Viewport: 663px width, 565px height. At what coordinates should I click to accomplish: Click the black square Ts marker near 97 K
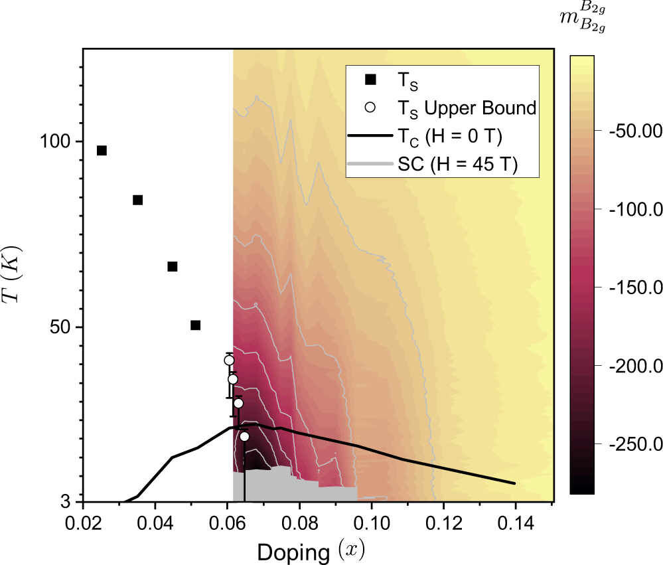pyautogui.click(x=102, y=151)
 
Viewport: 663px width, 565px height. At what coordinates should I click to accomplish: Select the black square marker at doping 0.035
pyautogui.click(x=138, y=200)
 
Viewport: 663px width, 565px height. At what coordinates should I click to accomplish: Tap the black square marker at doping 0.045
pyautogui.click(x=173, y=266)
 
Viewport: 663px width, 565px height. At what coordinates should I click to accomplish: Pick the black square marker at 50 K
pyautogui.click(x=195, y=325)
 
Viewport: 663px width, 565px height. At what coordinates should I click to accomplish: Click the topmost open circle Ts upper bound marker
pyautogui.click(x=229, y=361)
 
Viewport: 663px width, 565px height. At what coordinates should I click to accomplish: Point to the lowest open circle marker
pyautogui.click(x=244, y=436)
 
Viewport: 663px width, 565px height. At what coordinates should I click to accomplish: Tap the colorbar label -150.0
pyautogui.click(x=628, y=287)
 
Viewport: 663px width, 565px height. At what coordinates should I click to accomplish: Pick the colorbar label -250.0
pyautogui.click(x=628, y=444)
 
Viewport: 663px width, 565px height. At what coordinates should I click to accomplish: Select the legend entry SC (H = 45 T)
pyautogui.click(x=457, y=165)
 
